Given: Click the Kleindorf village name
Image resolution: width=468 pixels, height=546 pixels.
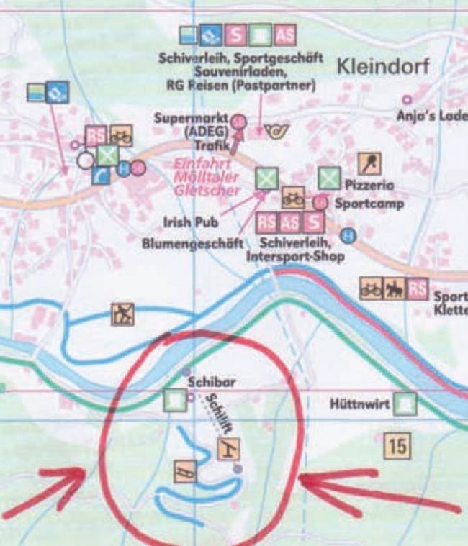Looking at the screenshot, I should coord(382,68).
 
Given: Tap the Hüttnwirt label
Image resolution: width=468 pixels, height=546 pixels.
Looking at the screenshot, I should coord(359,405).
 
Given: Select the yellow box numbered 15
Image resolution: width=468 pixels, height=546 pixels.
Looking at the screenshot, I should coord(397,446).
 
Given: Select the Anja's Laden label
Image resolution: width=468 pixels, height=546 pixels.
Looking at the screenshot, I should coord(431,115).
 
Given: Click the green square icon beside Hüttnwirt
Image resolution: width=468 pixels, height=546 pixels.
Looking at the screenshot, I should coord(407,404).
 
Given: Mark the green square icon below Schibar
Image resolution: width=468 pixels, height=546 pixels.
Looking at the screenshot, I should coord(175,400).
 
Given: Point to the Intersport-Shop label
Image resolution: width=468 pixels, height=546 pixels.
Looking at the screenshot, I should coord(294,256).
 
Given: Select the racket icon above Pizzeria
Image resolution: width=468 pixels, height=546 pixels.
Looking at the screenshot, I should coord(370,162).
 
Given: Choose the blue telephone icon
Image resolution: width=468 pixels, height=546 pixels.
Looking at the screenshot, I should coord(100,175).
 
